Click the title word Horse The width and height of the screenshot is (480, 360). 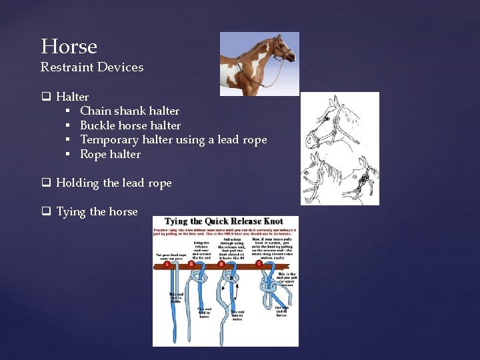(x=69, y=47)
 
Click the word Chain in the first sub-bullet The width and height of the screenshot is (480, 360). (x=95, y=111)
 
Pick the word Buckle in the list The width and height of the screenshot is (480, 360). (x=97, y=125)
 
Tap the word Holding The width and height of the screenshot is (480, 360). (x=77, y=183)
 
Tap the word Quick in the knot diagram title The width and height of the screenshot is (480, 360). (x=207, y=222)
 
